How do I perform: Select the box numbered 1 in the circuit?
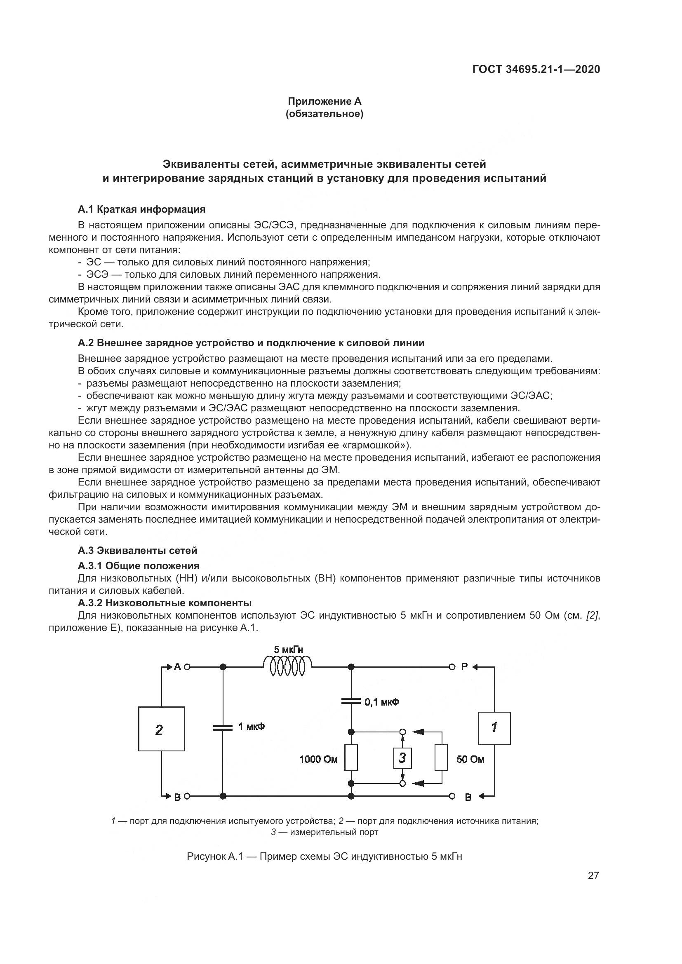pyautogui.click(x=494, y=728)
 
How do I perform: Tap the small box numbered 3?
pyautogui.click(x=402, y=758)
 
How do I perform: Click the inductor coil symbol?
pyautogui.click(x=287, y=667)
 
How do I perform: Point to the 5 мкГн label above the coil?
pyautogui.click(x=289, y=650)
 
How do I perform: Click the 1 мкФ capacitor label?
pyautogui.click(x=252, y=726)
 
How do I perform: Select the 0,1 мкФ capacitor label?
pyautogui.click(x=381, y=701)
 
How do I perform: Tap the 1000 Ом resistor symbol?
pyautogui.click(x=351, y=758)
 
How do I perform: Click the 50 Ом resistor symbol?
pyautogui.click(x=441, y=758)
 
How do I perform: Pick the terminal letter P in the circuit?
pyautogui.click(x=464, y=667)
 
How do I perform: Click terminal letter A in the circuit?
pyautogui.click(x=177, y=667)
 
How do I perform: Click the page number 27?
pyautogui.click(x=593, y=875)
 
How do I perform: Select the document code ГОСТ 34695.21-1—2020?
pyautogui.click(x=536, y=69)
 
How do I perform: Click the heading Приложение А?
pyautogui.click(x=324, y=101)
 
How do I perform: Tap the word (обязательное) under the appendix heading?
pyautogui.click(x=324, y=114)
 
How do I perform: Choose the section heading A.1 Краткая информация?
pyautogui.click(x=141, y=209)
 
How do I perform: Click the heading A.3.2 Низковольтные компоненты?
pyautogui.click(x=165, y=603)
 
